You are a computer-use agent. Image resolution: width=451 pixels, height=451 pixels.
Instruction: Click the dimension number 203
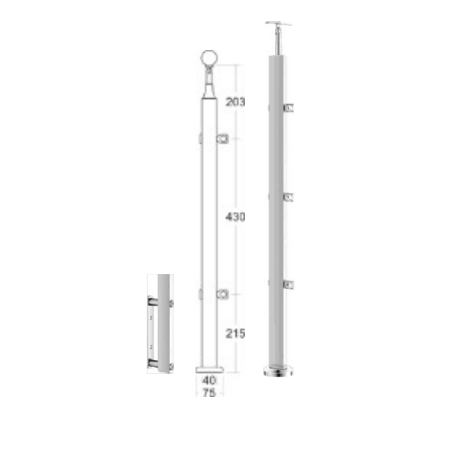[235, 102]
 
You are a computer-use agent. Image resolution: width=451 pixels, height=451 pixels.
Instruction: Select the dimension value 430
[235, 217]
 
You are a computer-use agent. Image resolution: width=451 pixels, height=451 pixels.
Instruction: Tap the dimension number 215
[235, 333]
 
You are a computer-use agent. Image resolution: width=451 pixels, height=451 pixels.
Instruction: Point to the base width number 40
[209, 380]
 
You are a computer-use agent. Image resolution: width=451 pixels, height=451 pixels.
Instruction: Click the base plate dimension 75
[209, 392]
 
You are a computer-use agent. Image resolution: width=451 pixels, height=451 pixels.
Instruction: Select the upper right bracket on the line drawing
[223, 139]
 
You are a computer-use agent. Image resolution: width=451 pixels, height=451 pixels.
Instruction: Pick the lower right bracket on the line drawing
[223, 294]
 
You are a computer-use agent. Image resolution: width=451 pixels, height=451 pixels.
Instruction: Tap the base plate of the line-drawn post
[209, 370]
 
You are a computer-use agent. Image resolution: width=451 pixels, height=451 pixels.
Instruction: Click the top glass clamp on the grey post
[289, 108]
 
